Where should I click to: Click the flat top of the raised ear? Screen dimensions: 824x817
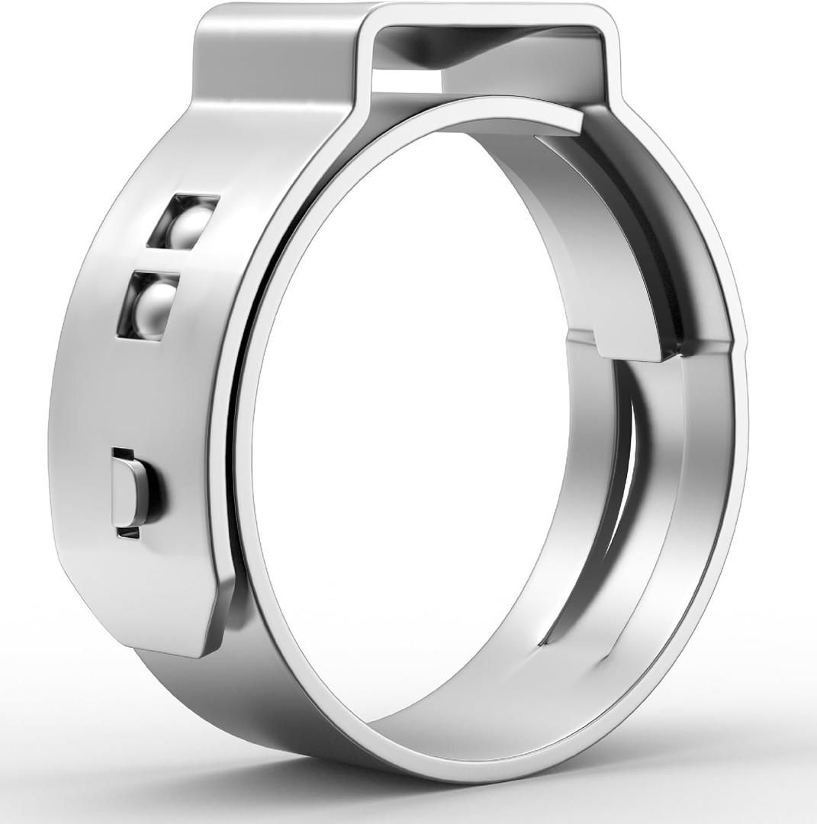point(488,15)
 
